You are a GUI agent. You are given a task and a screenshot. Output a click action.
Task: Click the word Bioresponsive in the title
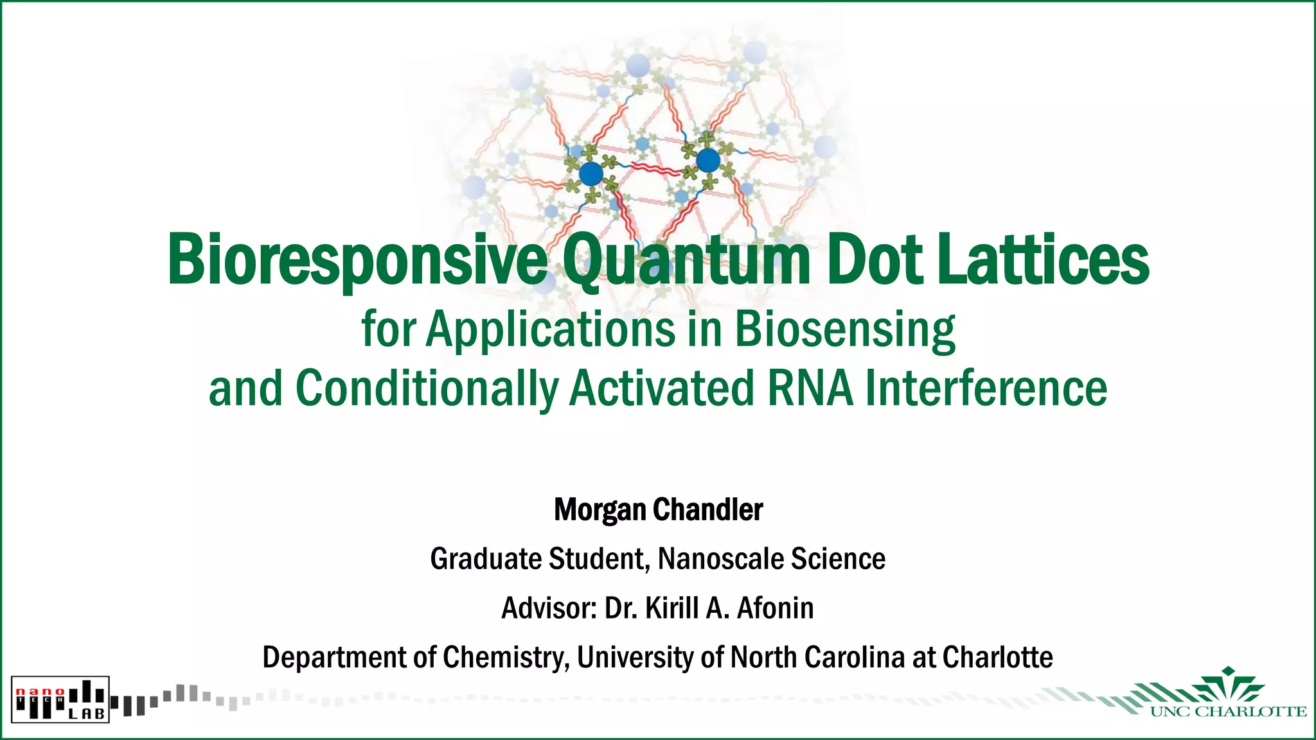coord(357,260)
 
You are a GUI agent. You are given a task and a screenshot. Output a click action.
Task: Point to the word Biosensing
coord(844,329)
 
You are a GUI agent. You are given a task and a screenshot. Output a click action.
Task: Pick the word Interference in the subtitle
coord(986,389)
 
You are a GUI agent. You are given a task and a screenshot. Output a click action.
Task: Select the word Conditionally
coord(427,389)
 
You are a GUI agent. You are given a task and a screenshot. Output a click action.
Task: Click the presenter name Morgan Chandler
coord(658,510)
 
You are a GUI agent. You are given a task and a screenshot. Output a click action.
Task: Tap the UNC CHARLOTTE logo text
coord(1228,712)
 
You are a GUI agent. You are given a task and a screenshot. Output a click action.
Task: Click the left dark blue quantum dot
coord(591,173)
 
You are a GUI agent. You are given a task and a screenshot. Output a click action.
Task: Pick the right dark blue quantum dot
coord(708,161)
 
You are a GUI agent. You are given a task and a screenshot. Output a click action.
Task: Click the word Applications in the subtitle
coord(550,329)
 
